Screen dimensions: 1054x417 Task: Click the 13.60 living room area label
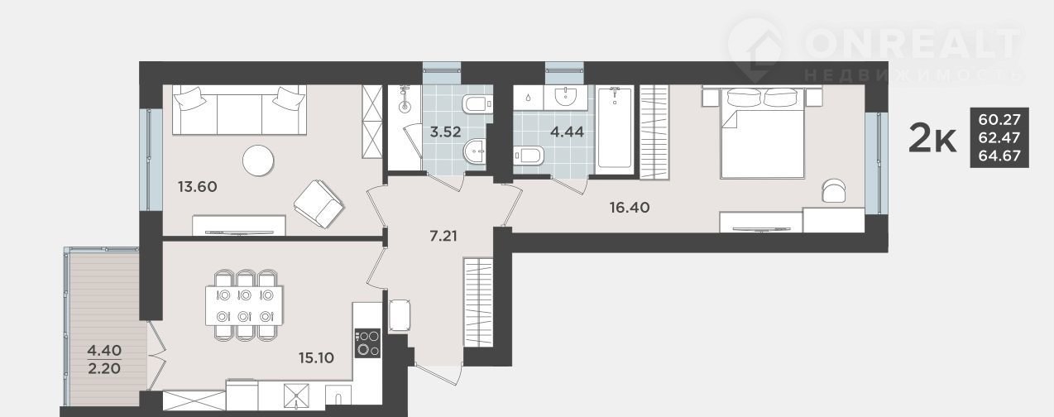(198, 187)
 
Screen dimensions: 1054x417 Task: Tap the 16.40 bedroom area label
(630, 207)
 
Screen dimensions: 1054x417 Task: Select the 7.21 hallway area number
(443, 235)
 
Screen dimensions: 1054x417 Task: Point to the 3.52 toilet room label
(446, 132)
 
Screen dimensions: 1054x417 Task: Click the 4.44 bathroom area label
(567, 132)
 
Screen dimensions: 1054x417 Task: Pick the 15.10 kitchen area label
(316, 357)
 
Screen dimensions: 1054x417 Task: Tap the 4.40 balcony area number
(104, 350)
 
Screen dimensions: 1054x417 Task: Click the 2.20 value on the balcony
(104, 368)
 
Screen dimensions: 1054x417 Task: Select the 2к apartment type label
(932, 138)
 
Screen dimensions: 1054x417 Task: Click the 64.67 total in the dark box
(999, 156)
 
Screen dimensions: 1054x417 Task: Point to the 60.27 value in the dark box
(999, 119)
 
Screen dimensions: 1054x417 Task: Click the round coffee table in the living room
(258, 161)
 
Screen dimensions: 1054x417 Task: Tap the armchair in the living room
(319, 204)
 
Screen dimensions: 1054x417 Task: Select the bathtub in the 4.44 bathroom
(614, 127)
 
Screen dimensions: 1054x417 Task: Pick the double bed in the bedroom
(762, 133)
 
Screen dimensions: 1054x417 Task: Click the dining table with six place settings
(244, 305)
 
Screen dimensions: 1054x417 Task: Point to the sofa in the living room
(239, 110)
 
